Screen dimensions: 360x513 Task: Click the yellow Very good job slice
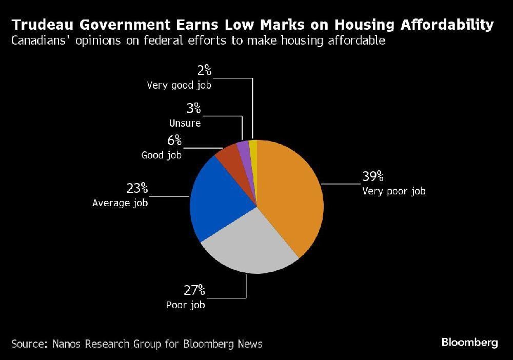pos(252,148)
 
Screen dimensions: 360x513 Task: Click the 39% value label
pos(373,177)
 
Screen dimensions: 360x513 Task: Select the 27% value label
pos(194,291)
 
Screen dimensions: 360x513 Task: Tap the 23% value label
pos(137,188)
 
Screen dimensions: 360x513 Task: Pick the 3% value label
pos(193,109)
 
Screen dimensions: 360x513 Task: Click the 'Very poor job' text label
pos(393,191)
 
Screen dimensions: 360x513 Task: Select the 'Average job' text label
pos(120,203)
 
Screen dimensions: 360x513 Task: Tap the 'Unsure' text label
pos(185,124)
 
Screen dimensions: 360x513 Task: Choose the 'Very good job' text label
pos(179,86)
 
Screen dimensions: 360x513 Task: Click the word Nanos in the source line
pos(70,343)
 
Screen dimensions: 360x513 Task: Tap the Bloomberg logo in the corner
pos(469,343)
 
